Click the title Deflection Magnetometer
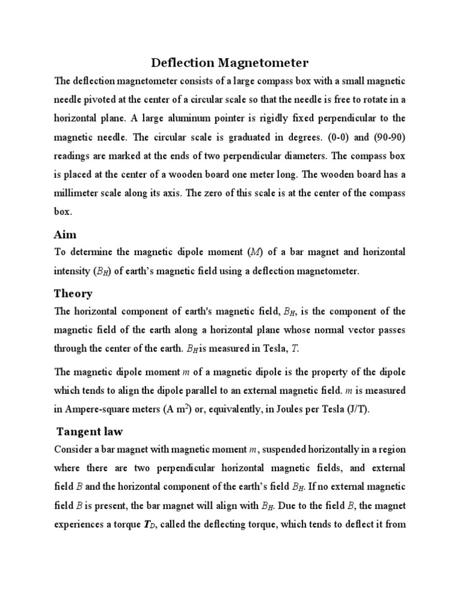(229, 62)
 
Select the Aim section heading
(65, 234)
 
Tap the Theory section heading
(73, 293)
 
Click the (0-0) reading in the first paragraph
(340, 138)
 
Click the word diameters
(307, 157)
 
